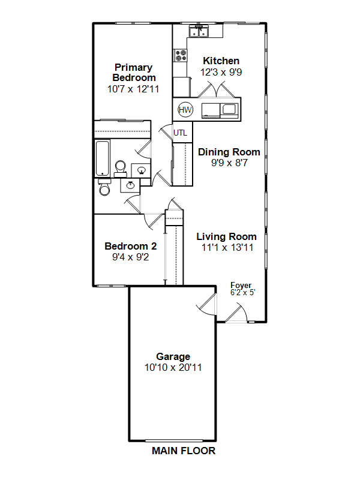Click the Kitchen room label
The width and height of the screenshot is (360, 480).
[221, 61]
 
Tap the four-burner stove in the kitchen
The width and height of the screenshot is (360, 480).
[181, 55]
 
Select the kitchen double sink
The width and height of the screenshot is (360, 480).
[199, 31]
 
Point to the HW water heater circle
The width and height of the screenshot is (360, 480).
[185, 110]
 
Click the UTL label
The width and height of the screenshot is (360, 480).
[181, 133]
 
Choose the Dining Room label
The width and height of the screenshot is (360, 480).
[229, 152]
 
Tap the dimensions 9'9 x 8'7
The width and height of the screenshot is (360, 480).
[229, 163]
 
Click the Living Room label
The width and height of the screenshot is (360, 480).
[227, 236]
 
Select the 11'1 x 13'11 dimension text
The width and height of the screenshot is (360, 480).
[227, 247]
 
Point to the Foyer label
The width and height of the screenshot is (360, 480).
[241, 286]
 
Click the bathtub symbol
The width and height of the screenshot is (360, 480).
[103, 158]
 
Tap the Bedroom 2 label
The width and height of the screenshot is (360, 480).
[131, 246]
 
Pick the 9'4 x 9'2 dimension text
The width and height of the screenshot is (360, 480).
[131, 257]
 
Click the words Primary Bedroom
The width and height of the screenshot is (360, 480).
[134, 73]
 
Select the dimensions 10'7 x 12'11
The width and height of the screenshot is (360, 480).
[133, 89]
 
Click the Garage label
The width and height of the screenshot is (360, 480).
[173, 356]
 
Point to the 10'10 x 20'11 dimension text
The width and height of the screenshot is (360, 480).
[173, 367]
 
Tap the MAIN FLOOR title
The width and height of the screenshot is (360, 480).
[184, 451]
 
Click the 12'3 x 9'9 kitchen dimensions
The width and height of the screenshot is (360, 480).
[221, 72]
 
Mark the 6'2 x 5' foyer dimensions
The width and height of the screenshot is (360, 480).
[243, 293]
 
